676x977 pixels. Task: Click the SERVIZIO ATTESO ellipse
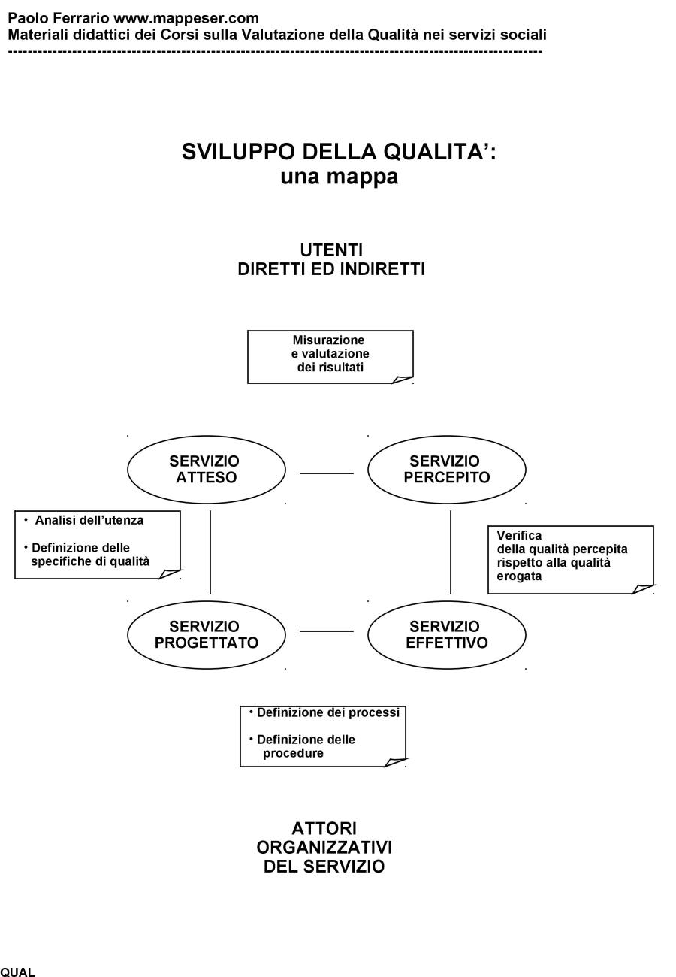(207, 470)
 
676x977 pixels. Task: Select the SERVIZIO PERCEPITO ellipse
(446, 470)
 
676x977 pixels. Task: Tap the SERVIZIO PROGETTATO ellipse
(207, 635)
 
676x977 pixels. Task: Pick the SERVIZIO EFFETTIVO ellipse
(446, 635)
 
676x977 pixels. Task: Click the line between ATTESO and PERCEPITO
(327, 473)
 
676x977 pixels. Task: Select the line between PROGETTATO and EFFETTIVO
(327, 631)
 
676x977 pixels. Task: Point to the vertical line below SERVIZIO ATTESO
(210, 552)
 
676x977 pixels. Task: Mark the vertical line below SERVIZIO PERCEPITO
(451, 552)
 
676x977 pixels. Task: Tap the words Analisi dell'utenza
(89, 520)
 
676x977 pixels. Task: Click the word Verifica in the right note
(519, 536)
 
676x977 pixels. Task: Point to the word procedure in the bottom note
(293, 753)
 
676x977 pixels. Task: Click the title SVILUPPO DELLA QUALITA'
(339, 152)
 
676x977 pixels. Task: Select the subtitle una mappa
(339, 177)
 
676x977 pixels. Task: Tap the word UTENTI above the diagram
(331, 250)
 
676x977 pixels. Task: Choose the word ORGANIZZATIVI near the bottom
(324, 848)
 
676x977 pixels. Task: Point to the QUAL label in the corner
(18, 972)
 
